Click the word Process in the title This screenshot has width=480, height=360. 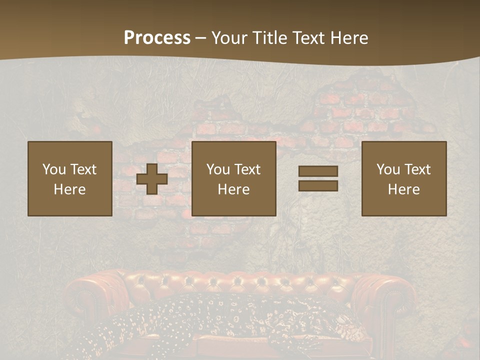click(157, 38)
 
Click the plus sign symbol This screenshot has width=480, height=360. click(152, 179)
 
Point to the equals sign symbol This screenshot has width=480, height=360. click(318, 178)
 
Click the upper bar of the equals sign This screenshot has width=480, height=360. click(318, 171)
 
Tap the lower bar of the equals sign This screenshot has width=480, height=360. click(318, 185)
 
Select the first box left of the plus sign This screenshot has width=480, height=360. click(70, 178)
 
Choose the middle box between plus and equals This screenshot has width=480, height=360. click(234, 178)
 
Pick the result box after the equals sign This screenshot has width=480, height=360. click(404, 178)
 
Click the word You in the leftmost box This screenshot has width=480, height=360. click(54, 169)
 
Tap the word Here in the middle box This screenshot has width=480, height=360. click(234, 189)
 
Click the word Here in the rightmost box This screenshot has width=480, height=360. click(404, 189)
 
